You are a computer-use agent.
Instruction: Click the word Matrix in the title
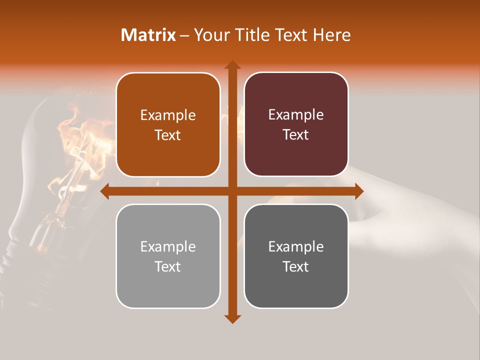pos(148,35)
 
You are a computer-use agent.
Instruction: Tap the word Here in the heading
pos(331,35)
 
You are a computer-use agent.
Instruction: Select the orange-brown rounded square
pos(168,124)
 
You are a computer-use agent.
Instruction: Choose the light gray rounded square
pos(168,256)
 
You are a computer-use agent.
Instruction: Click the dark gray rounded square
pos(296,256)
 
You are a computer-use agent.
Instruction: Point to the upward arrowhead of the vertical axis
pos(232,65)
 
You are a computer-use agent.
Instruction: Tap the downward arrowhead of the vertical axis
pos(232,318)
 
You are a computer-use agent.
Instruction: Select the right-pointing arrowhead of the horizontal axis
pos(358,191)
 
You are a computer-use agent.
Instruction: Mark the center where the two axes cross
pos(232,191)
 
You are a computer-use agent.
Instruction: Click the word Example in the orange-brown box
pos(168,115)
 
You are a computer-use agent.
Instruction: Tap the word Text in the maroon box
pos(296,135)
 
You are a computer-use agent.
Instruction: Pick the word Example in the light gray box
pos(168,247)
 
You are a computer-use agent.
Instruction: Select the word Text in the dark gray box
pos(296,267)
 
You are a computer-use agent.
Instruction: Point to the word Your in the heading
pos(210,35)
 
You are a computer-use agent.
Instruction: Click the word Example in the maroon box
pos(296,115)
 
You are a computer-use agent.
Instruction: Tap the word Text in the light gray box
pos(168,267)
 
